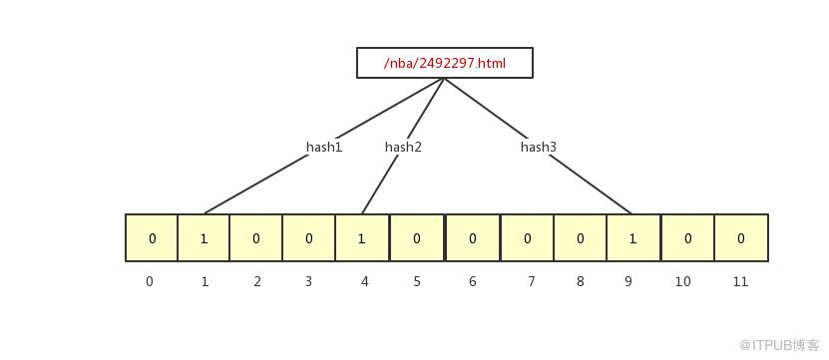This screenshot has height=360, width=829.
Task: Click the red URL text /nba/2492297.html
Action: [x=445, y=64]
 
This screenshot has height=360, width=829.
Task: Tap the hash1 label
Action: [x=324, y=147]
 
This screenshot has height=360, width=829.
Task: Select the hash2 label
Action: [x=403, y=147]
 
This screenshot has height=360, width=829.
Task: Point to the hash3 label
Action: [x=539, y=147]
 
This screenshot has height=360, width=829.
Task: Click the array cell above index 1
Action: [x=204, y=238]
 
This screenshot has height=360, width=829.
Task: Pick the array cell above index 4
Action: [x=362, y=238]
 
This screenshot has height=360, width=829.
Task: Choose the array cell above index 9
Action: [x=632, y=238]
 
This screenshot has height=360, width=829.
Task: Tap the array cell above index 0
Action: [x=152, y=238]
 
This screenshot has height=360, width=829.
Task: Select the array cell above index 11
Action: [x=741, y=238]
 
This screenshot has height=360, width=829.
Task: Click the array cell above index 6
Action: [x=472, y=238]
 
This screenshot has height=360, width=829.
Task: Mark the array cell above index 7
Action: [x=527, y=238]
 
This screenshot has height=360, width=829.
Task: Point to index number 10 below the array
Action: [x=682, y=282]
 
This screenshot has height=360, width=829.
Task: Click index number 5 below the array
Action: [x=417, y=282]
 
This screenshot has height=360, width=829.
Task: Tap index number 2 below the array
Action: [x=257, y=282]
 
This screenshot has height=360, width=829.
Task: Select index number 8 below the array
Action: [x=580, y=282]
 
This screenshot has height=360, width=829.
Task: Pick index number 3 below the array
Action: [x=308, y=282]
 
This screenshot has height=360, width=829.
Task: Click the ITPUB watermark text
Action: [x=779, y=345]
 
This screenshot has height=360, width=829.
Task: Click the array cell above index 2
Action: [x=256, y=238]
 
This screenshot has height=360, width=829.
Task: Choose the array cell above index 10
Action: [x=687, y=238]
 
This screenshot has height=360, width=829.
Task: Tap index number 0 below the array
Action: [x=150, y=282]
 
